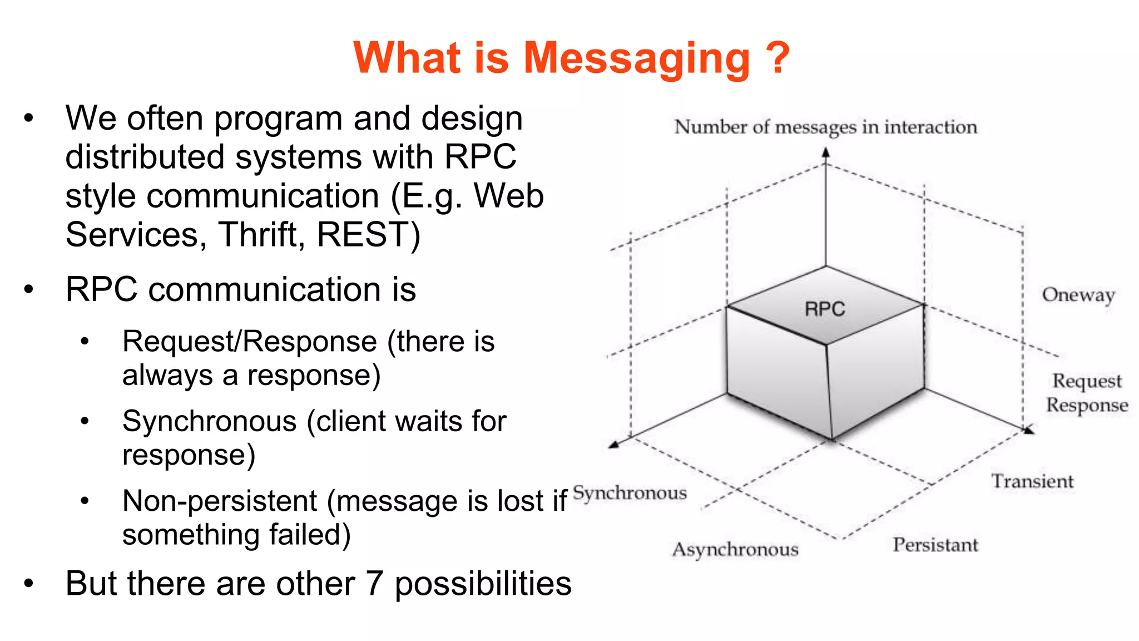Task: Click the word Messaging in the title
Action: (x=637, y=59)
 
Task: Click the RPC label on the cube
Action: (x=825, y=309)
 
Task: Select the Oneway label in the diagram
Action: (x=1078, y=295)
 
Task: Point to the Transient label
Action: (x=1032, y=481)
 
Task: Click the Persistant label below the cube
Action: (x=935, y=545)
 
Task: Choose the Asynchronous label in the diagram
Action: (x=735, y=550)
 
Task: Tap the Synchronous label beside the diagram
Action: (x=630, y=493)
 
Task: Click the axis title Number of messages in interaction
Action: (x=825, y=127)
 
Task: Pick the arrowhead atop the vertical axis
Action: (x=826, y=152)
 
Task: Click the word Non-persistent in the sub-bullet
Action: (x=220, y=500)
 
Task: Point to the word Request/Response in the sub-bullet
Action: (x=250, y=341)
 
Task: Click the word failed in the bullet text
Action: (x=310, y=535)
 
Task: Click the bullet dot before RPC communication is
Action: (x=29, y=289)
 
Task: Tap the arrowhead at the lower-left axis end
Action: (x=613, y=444)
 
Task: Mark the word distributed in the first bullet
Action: (x=146, y=157)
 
